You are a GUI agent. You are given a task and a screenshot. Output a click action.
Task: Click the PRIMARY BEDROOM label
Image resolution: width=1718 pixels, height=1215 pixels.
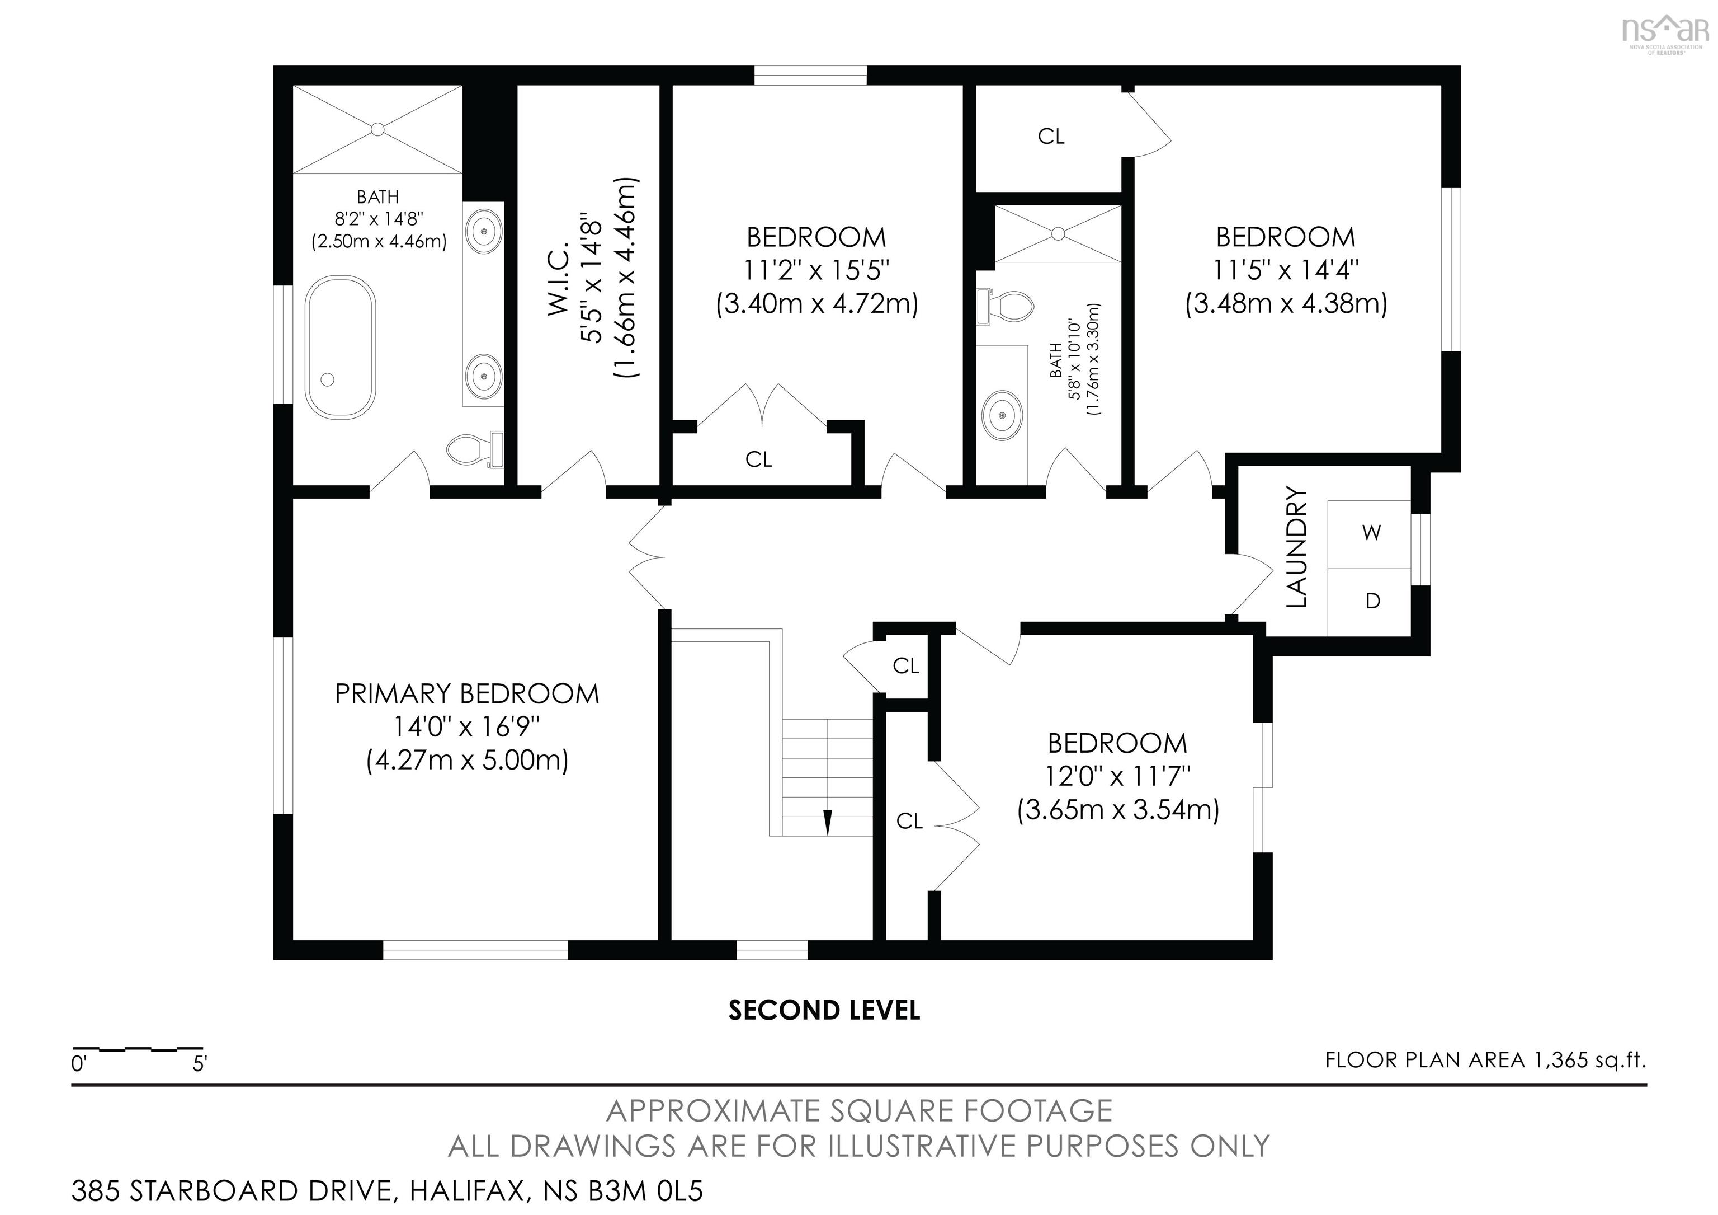pos(467,694)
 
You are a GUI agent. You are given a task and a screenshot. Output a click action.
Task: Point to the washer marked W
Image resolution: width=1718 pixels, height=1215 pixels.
pos(1372,533)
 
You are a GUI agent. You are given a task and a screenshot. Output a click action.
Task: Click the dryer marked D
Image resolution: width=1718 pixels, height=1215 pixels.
pos(1372,601)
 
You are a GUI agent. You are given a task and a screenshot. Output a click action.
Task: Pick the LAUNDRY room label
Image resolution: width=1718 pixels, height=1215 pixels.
pos(1297,547)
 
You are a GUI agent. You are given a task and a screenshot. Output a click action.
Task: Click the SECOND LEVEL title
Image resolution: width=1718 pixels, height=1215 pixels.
pos(824,1011)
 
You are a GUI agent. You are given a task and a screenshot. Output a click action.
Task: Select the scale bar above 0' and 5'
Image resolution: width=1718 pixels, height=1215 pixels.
pos(138,1049)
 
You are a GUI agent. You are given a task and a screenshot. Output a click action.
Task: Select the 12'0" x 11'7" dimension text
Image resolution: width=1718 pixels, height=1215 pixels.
pos(1118,776)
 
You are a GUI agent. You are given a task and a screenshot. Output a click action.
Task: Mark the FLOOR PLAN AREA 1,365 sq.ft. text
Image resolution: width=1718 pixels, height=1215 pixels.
pos(1485,1060)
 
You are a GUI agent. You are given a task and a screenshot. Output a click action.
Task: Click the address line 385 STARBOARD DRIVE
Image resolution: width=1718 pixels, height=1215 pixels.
pos(388,1190)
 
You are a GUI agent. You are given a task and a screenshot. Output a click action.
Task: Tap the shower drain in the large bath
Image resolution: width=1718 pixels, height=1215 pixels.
pos(379,129)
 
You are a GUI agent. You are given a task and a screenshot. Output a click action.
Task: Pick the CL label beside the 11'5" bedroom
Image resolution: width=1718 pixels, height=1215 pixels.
pos(1051,136)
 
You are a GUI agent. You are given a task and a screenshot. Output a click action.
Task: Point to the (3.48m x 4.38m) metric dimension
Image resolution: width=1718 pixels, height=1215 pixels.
pos(1286,304)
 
